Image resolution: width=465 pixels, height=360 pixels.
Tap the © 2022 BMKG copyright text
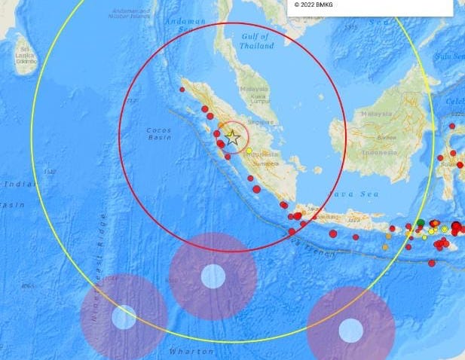(313, 5)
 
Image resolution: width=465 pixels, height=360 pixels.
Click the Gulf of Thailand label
(256, 41)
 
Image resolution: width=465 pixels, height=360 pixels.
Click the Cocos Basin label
(159, 134)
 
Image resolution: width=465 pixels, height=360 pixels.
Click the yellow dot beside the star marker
(249, 151)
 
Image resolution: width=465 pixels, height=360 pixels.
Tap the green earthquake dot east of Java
(420, 222)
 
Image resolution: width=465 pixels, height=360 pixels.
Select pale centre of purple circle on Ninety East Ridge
(124, 317)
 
